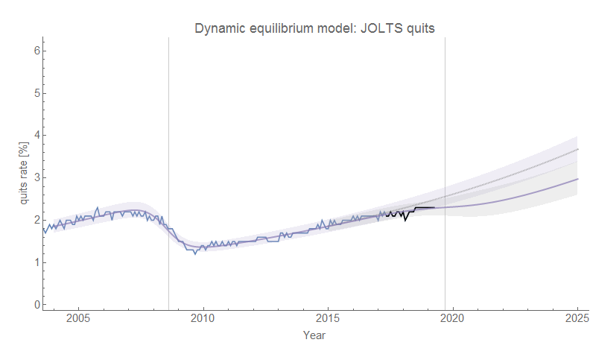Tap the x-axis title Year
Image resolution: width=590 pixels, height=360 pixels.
(x=314, y=335)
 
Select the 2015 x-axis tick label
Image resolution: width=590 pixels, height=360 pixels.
(x=328, y=319)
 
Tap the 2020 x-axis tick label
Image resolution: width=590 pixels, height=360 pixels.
(x=452, y=319)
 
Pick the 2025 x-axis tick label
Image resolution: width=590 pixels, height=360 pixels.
(x=577, y=319)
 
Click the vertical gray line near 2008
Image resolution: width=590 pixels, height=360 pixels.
(x=168, y=171)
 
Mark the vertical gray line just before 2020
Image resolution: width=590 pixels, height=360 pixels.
(x=445, y=171)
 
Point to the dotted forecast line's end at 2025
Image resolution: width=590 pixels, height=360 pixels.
(x=577, y=150)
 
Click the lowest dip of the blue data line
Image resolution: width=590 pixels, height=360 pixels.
(x=195, y=253)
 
